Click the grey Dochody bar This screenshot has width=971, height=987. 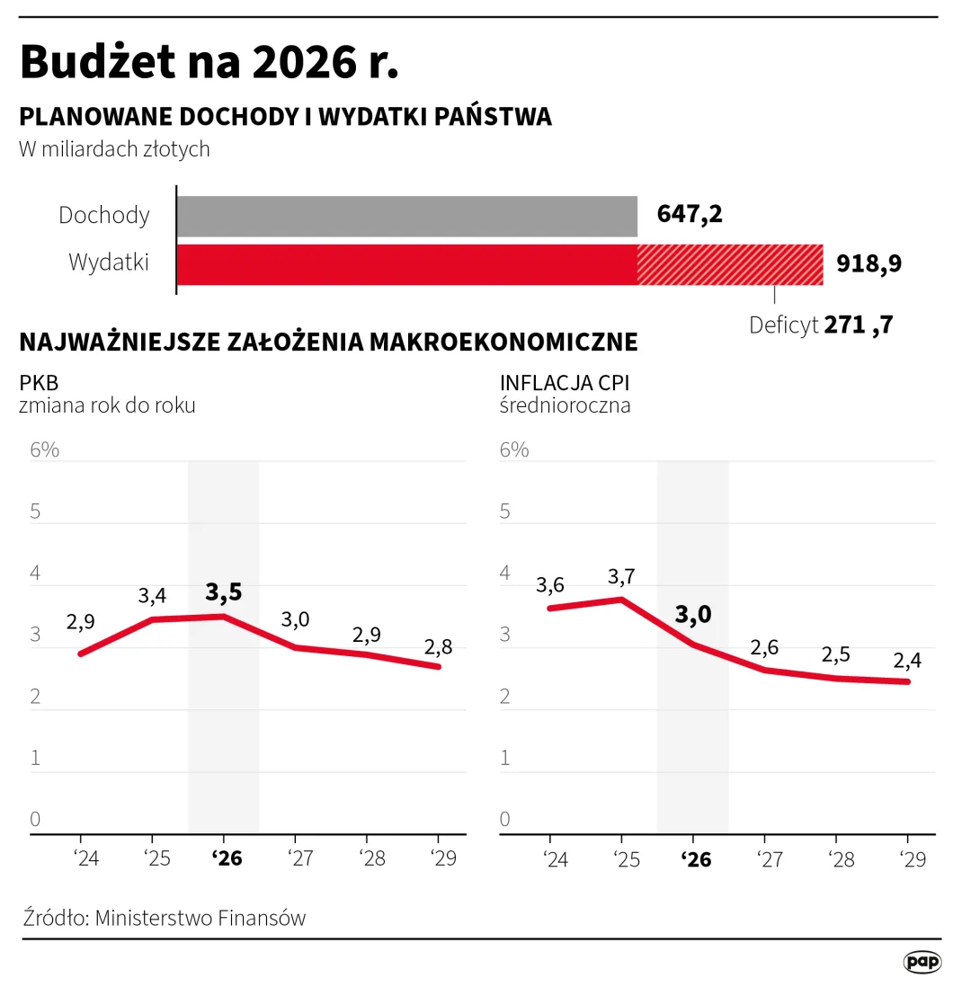tap(406, 217)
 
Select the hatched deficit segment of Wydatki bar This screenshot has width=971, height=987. tap(729, 264)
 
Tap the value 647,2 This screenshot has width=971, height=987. tap(690, 215)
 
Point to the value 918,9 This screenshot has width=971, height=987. tap(869, 264)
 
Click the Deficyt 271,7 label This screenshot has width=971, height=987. tap(820, 325)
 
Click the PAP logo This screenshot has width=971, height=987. tap(922, 962)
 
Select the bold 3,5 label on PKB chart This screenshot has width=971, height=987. tap(224, 592)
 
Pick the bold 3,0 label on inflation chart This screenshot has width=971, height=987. tap(692, 615)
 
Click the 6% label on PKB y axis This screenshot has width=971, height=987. tap(44, 449)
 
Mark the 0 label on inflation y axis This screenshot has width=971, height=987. tap(505, 819)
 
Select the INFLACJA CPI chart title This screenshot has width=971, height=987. tap(565, 384)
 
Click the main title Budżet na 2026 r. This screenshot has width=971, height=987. tap(209, 63)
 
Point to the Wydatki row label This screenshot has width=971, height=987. tap(109, 262)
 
